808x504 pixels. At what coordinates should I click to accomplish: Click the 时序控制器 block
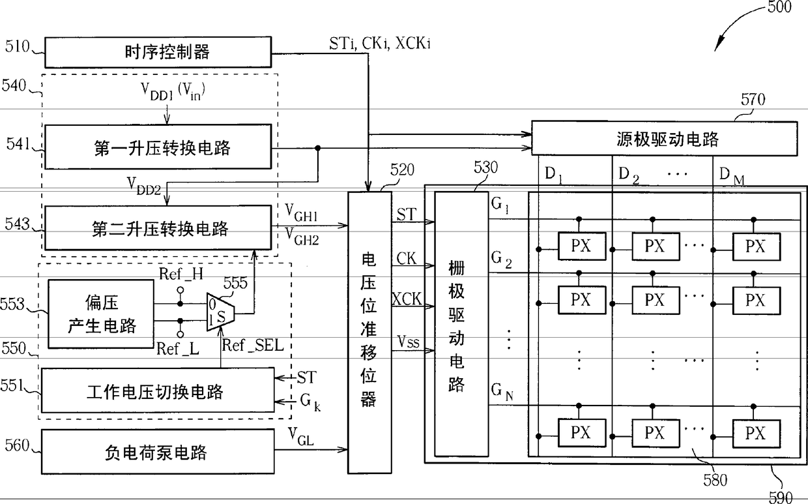point(158,52)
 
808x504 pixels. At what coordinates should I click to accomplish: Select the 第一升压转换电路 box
point(158,147)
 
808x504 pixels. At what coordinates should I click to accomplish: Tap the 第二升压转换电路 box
point(158,228)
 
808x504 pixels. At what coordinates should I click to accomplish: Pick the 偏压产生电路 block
point(101,314)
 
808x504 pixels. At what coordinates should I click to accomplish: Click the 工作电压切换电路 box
point(158,391)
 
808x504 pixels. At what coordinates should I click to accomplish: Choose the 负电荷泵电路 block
point(158,452)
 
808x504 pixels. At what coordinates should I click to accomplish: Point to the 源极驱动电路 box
point(665,139)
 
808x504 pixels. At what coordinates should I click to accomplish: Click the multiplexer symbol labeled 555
point(220,312)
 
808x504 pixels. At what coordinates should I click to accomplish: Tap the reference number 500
point(779,7)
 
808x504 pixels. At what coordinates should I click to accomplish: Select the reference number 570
point(753,99)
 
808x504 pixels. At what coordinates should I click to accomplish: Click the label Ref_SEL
point(253,346)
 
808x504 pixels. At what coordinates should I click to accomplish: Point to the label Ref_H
point(181,274)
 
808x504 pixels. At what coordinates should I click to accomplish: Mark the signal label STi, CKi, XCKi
point(380,44)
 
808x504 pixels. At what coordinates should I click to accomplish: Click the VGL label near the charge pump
point(300,436)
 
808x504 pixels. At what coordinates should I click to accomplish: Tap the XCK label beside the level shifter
point(407,299)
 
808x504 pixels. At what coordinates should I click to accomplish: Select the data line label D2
point(629,175)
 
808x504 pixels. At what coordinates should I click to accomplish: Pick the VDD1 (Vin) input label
point(173,92)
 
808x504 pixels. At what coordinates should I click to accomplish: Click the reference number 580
point(715,480)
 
